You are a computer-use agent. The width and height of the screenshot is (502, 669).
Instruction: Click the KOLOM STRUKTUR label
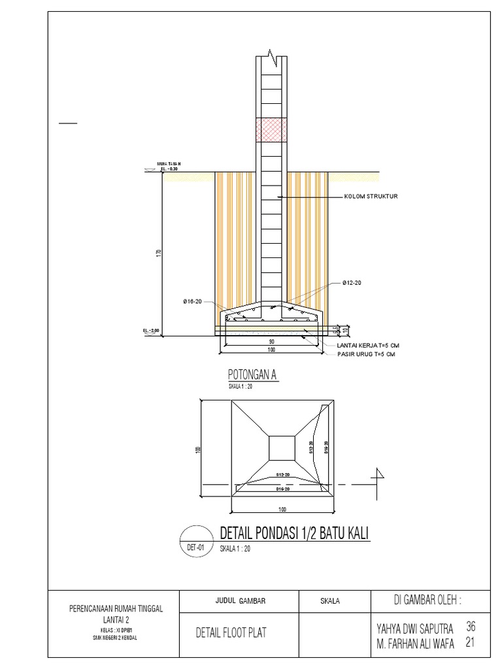click(371, 196)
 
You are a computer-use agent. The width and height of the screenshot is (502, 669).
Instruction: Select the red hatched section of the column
click(271, 129)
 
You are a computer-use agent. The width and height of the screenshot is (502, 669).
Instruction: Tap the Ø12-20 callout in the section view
click(352, 283)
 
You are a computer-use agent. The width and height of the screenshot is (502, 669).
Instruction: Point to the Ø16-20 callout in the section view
click(193, 301)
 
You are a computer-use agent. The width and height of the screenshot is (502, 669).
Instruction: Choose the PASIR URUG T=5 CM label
click(366, 353)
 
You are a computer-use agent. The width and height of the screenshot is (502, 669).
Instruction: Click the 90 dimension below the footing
click(270, 341)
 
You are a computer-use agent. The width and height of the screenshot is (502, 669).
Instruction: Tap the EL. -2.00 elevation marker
click(151, 331)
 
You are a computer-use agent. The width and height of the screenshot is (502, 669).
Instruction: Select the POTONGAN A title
click(253, 374)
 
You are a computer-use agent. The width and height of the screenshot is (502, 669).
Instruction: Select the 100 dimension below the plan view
click(282, 508)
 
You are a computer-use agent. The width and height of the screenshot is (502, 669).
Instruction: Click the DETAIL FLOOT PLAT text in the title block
click(231, 632)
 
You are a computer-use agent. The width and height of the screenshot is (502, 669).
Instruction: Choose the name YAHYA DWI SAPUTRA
click(414, 629)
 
